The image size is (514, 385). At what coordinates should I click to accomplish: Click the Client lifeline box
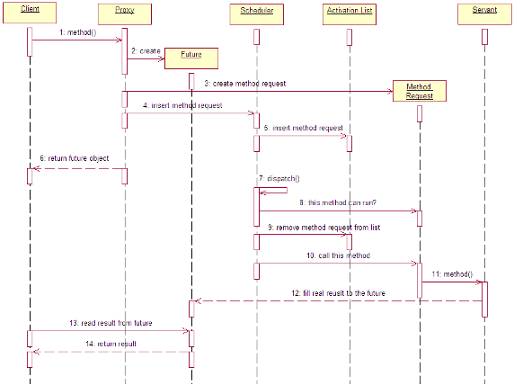pos(30,13)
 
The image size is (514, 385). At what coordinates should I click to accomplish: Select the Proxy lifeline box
pos(125,14)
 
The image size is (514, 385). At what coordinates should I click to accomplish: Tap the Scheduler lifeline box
pos(257,14)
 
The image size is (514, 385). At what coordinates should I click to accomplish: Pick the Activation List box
pos(350,14)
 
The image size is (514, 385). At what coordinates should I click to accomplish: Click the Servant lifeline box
pos(484,14)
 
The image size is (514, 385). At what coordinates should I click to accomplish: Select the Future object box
pos(191,58)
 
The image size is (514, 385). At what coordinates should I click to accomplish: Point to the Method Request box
pos(420,91)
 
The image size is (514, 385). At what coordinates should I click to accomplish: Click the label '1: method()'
pos(77,32)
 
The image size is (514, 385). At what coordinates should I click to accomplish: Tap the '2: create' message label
pos(146,51)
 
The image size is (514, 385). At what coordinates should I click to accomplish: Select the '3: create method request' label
pos(245,84)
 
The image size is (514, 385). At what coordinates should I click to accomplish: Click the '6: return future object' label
pos(75,158)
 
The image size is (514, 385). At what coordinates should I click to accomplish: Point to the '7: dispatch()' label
pos(279,178)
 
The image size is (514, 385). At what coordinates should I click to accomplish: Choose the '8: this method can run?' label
pos(338,202)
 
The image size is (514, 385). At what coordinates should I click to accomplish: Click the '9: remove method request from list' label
pos(324,228)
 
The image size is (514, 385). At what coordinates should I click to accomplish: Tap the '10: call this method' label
pos(338,255)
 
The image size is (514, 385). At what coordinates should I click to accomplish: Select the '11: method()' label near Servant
pos(452,274)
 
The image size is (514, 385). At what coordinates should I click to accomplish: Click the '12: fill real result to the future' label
pos(338,293)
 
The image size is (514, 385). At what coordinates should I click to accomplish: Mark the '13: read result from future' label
pos(111,323)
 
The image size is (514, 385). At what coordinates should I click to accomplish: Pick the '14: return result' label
pos(111,344)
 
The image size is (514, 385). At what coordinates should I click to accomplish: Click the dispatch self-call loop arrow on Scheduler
pos(288,190)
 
